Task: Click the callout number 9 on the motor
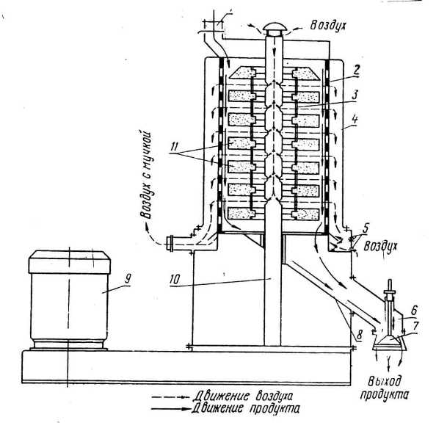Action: point(128,278)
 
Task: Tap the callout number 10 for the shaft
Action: point(175,280)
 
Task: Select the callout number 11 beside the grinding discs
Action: point(174,147)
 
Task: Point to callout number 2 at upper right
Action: point(357,70)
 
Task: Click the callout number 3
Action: point(355,95)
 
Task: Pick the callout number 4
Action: point(355,120)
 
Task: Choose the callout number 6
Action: point(414,310)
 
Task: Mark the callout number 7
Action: point(415,326)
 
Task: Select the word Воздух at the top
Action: point(328,26)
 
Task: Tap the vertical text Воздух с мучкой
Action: point(147,174)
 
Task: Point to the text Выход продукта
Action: point(385,388)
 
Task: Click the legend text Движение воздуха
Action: point(243,396)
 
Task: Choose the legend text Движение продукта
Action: point(246,409)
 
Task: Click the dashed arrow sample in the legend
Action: point(170,397)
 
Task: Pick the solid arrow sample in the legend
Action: point(171,409)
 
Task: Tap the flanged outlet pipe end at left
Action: point(169,243)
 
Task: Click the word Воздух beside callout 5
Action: point(381,247)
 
